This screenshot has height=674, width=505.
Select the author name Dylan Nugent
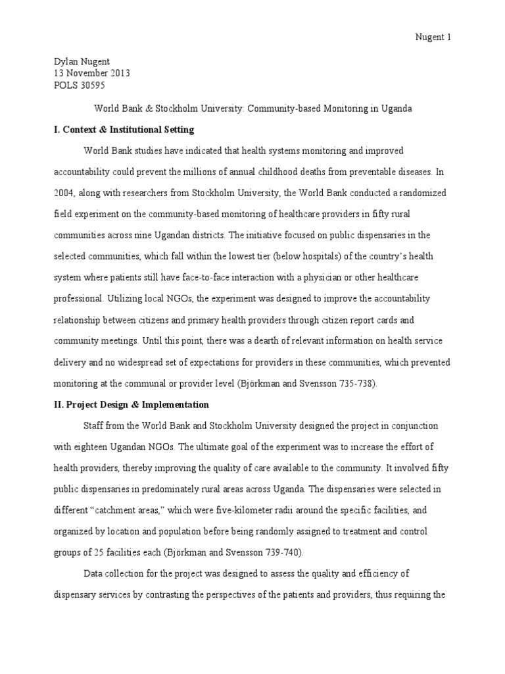82,61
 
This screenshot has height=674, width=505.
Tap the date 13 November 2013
91,72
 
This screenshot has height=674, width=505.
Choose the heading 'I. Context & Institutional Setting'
124,129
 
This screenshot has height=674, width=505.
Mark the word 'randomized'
425,193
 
